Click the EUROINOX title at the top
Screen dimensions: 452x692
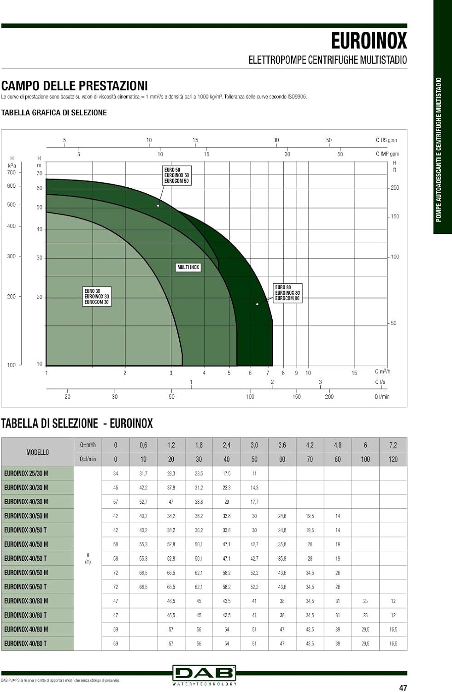[369, 41]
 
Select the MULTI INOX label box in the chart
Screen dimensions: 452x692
[188, 267]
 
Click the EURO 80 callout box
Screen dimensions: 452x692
[288, 293]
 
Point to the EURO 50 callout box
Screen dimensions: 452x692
[177, 175]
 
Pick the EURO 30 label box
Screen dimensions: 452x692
[97, 297]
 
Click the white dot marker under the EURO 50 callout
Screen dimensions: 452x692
[158, 205]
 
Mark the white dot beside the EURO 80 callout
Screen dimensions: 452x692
[257, 304]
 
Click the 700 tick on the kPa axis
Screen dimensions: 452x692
[11, 173]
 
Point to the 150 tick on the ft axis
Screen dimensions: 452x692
[395, 216]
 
